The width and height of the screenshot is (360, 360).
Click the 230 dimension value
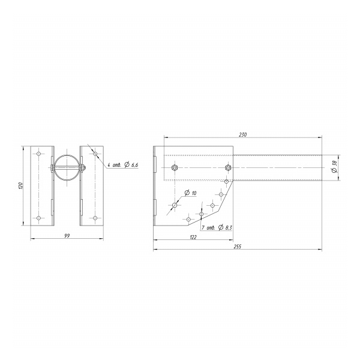(242, 134)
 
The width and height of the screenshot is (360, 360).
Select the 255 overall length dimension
(238, 247)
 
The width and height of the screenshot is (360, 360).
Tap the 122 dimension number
(193, 237)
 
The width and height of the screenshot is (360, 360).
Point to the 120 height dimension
(21, 185)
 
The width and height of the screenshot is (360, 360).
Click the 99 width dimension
(67, 236)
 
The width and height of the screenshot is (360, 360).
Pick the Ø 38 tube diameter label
(334, 167)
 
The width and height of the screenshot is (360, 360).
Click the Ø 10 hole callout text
(191, 193)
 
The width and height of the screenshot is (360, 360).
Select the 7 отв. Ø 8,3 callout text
(217, 227)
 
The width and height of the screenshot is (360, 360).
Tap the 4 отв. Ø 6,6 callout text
(123, 164)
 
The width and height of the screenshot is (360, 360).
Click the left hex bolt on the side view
(175, 167)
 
